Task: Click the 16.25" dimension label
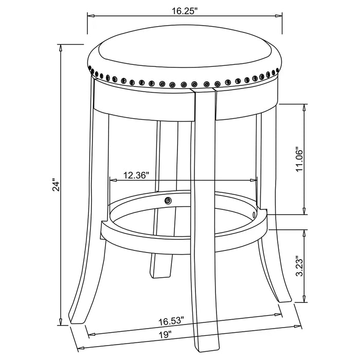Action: click(x=185, y=11)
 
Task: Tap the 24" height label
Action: click(x=56, y=184)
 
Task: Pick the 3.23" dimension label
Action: click(x=300, y=266)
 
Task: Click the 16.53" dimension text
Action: click(x=171, y=321)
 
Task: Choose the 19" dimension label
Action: click(x=166, y=335)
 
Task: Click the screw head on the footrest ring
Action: click(x=168, y=201)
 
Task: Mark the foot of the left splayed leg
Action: click(x=77, y=319)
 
